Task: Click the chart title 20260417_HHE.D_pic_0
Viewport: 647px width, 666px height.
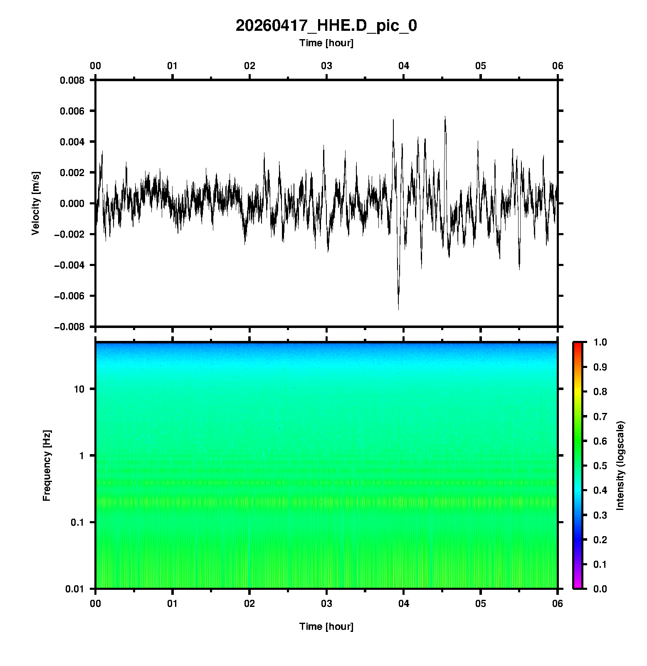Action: [x=326, y=26]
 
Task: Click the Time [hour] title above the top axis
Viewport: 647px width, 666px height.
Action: [x=326, y=43]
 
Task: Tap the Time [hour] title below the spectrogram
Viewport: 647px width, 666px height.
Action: [x=326, y=626]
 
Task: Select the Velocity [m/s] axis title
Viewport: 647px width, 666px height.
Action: [x=36, y=203]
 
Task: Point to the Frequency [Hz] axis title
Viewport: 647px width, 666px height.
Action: [x=47, y=465]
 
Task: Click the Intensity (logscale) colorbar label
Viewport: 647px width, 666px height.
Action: [x=620, y=465]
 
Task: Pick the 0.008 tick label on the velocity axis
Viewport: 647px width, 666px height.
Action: [x=72, y=80]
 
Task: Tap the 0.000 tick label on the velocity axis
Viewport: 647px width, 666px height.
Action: [x=72, y=204]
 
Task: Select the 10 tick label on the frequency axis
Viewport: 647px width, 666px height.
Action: [x=79, y=389]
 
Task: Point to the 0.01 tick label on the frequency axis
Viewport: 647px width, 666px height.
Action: [x=75, y=589]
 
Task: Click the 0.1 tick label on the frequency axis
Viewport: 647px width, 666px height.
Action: [x=77, y=522]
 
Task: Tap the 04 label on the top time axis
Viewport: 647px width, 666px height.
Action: [x=403, y=66]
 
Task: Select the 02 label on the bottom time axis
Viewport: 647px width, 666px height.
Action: [x=249, y=604]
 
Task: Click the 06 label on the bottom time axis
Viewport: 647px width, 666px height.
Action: [x=557, y=604]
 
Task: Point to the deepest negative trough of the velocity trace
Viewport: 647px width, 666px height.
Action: [x=398, y=308]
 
